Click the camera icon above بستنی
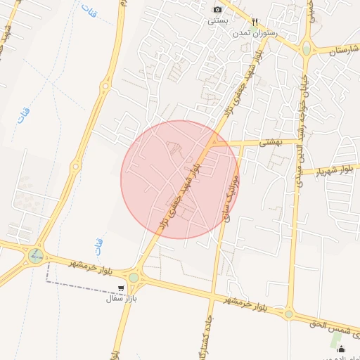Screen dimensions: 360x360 [x=217, y=9]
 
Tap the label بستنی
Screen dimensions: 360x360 [x=217, y=20]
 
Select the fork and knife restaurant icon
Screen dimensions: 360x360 [x=255, y=22]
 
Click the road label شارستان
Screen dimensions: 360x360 [x=337, y=50]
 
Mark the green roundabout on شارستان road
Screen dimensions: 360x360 [x=307, y=48]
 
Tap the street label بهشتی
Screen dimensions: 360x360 [x=270, y=142]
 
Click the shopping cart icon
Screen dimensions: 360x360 [x=122, y=288]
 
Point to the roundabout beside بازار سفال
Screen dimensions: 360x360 [x=133, y=277]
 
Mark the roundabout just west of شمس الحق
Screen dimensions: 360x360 [x=288, y=314]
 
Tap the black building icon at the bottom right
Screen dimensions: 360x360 [x=342, y=349]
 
